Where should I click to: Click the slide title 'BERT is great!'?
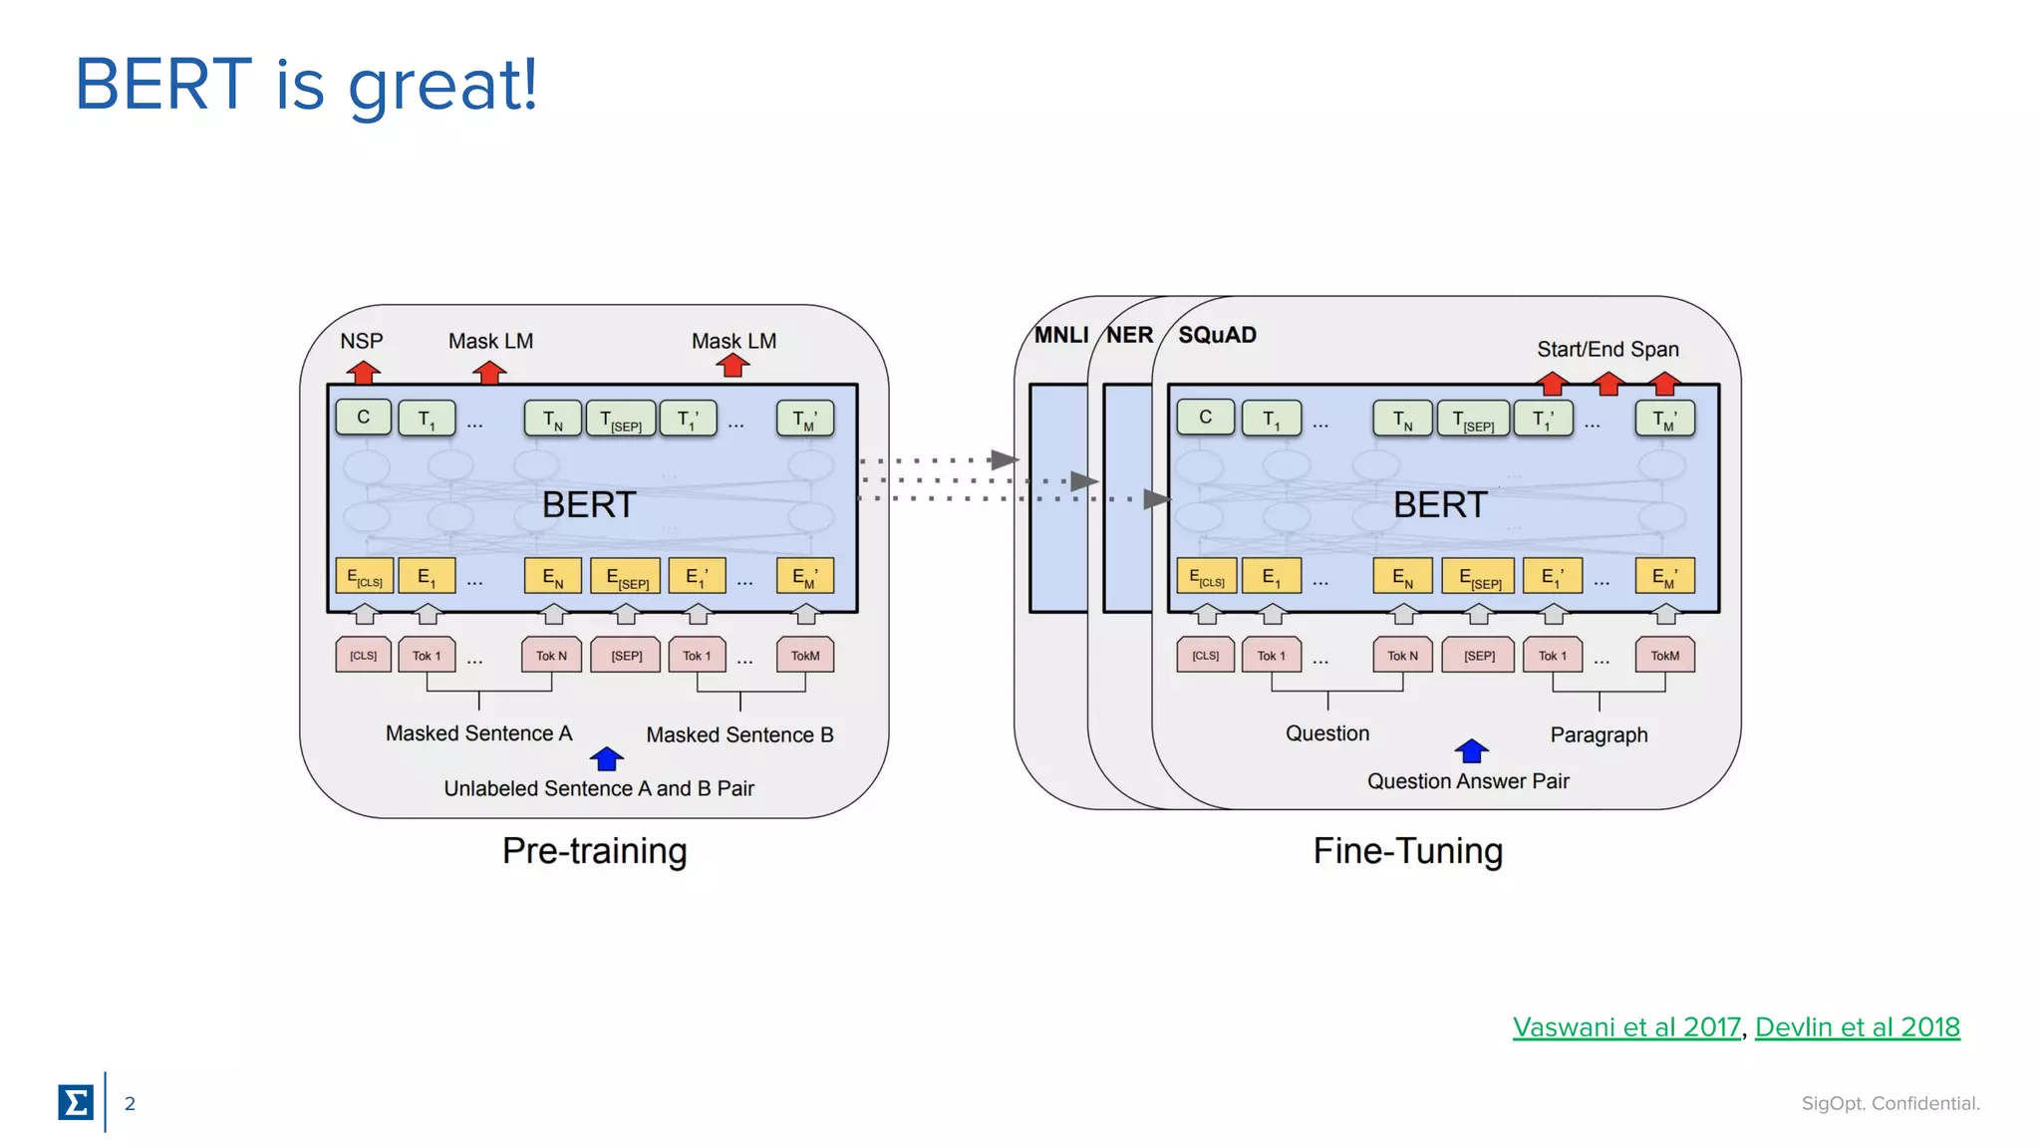tap(306, 85)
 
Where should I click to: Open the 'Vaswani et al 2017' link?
tap(1625, 1026)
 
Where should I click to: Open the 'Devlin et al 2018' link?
tap(1857, 1026)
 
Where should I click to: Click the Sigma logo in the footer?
tap(76, 1102)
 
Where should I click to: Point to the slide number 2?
tap(130, 1103)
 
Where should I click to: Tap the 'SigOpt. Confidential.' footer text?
tap(1890, 1103)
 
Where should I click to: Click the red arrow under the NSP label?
tap(364, 372)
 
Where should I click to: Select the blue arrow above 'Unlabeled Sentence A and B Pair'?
tap(607, 759)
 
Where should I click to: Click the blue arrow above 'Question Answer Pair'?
tap(1471, 751)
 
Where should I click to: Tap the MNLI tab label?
tap(1060, 335)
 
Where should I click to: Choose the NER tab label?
tap(1129, 335)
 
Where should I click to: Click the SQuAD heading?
tap(1217, 335)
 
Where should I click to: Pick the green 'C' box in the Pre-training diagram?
tap(364, 418)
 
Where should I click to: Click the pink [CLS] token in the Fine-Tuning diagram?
tap(1205, 656)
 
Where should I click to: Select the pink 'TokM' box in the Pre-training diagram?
tap(805, 656)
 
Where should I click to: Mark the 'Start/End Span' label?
tap(1607, 349)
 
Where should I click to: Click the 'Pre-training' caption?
tap(594, 851)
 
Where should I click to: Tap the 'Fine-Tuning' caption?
tap(1407, 851)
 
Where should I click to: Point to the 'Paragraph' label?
tap(1599, 734)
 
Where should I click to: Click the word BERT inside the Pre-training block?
tap(589, 505)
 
